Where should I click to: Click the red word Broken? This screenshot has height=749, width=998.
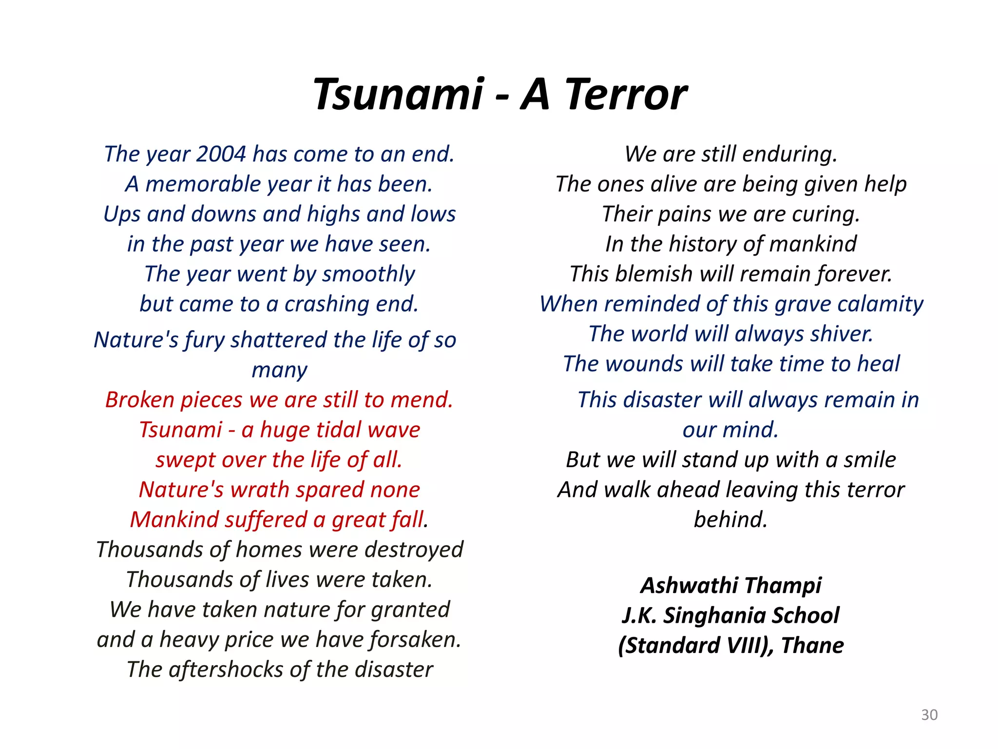pos(139,400)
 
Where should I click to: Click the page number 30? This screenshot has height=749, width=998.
pos(929,715)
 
